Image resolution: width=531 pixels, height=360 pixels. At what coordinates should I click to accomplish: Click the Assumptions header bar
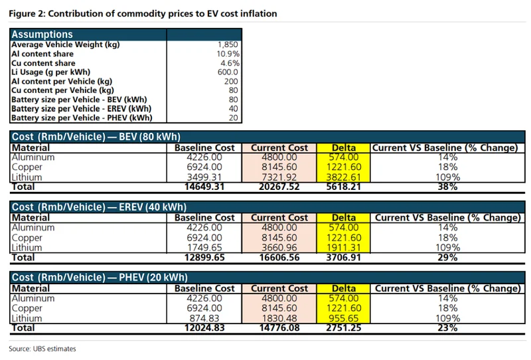(126, 35)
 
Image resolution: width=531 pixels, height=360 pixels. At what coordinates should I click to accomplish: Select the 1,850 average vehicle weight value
(226, 45)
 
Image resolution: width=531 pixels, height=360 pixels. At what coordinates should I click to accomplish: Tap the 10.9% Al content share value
(227, 53)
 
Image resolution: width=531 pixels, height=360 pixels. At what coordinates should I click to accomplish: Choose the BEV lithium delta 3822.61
(343, 177)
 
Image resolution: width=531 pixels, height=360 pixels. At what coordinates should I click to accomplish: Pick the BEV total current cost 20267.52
(279, 187)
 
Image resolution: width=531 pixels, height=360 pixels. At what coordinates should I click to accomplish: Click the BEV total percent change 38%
(447, 187)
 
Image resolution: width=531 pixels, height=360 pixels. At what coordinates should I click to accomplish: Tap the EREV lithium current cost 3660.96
(279, 247)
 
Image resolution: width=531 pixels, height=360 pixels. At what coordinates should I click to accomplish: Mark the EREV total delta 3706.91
(343, 257)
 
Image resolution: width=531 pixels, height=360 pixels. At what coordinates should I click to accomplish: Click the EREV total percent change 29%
(447, 257)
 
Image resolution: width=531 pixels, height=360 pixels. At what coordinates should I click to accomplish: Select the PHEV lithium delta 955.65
(343, 318)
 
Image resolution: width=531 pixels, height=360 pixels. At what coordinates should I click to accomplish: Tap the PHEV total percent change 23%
(447, 328)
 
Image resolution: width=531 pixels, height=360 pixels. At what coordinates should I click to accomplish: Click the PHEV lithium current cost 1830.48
(279, 318)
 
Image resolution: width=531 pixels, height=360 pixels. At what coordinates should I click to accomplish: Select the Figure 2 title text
(143, 13)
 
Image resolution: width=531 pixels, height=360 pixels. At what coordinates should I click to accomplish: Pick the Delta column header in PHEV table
(343, 288)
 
